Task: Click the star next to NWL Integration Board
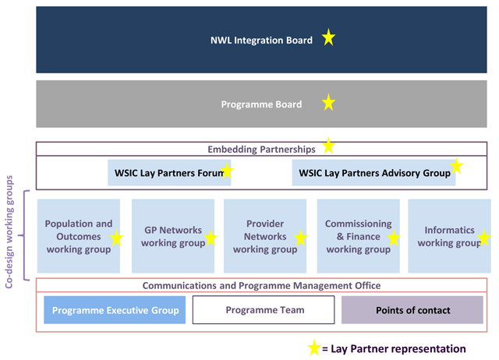(x=328, y=38)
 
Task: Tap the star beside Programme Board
(x=328, y=103)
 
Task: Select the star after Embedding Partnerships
(x=328, y=146)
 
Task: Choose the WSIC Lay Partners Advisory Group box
(x=374, y=172)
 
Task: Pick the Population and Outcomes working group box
(x=79, y=235)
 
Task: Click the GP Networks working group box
(x=172, y=235)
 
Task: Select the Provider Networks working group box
(x=265, y=235)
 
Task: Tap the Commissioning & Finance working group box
(x=358, y=235)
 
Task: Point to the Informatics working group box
(x=449, y=235)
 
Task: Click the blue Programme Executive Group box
(x=115, y=310)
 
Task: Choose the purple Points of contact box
(x=412, y=310)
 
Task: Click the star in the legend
(x=313, y=348)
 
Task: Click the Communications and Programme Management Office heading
(x=261, y=285)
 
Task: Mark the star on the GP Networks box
(x=208, y=238)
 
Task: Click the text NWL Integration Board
(x=261, y=40)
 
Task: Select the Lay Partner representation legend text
(x=398, y=349)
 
